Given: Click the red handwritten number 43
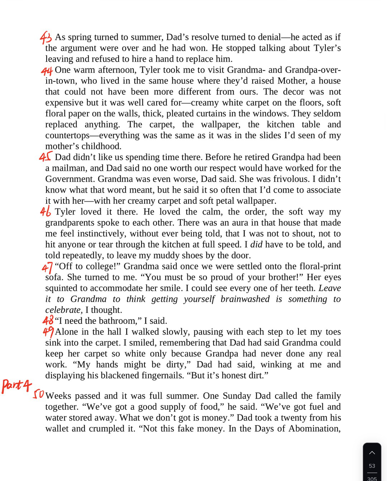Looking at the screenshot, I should coord(45,37).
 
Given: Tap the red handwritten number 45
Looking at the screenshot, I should coord(45,157).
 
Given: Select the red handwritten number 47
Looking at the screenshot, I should coord(47,267).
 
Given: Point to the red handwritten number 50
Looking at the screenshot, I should coord(39,395).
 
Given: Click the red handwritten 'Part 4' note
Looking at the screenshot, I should coord(17,386).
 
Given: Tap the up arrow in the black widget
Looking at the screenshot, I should coord(372,453).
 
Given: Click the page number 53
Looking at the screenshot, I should coord(372,466).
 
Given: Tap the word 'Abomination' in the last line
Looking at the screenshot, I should coord(313,429).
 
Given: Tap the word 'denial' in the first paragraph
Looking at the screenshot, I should coord(267,37).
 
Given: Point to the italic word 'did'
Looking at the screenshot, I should coord(256,244).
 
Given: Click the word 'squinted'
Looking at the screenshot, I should coord(62,288).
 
